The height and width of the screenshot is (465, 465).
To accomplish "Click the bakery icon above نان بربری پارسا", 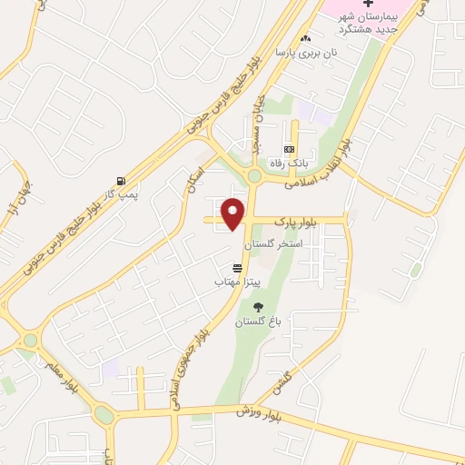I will [305, 38].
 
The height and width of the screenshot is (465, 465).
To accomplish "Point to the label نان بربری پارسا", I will [307, 53].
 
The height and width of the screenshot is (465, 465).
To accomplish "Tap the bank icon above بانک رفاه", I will [289, 149].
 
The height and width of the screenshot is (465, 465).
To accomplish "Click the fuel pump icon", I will [122, 180].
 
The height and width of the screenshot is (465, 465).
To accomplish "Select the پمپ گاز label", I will [117, 193].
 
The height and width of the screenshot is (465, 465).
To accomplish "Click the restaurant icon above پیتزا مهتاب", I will [237, 269].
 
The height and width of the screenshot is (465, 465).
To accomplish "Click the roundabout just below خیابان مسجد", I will [254, 176].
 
